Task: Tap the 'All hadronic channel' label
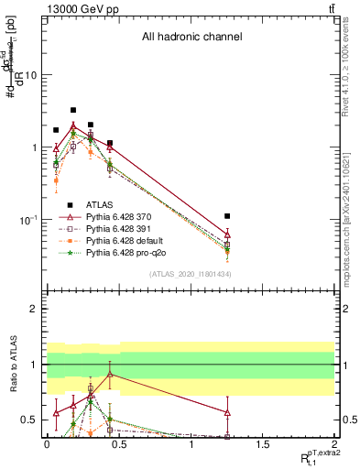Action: tap(191, 38)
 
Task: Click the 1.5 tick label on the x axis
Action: tap(263, 448)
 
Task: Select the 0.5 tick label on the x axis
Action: tap(118, 448)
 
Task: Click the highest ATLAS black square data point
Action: tap(73, 110)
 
